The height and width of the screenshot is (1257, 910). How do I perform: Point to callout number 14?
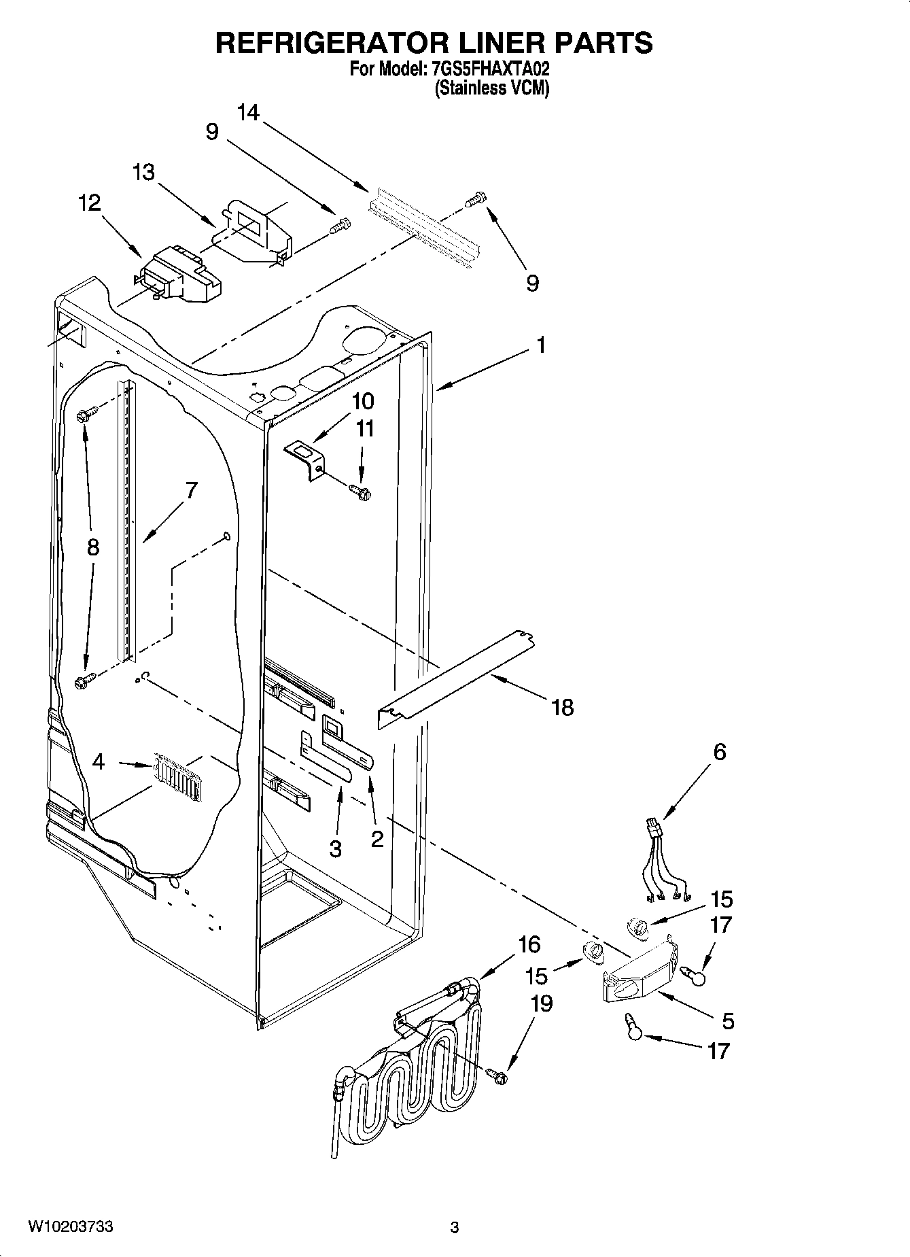249,113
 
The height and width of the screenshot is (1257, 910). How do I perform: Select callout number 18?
563,708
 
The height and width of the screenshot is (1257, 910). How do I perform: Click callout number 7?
191,489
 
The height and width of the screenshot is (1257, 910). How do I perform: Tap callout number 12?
90,203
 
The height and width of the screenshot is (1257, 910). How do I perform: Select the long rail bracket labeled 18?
455,680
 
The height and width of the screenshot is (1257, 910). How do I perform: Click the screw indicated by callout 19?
497,1076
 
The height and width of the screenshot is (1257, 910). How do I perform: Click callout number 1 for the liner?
540,346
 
